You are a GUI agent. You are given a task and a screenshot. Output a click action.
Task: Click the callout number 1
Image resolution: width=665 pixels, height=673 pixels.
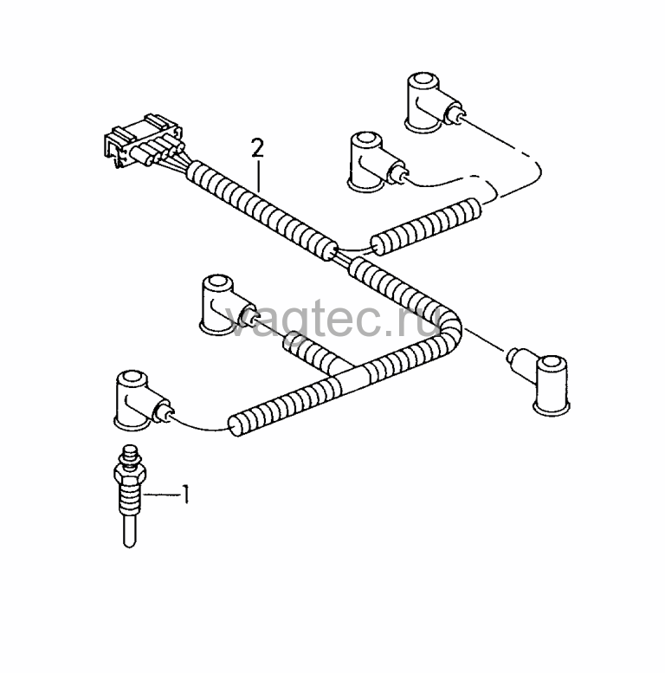(185, 494)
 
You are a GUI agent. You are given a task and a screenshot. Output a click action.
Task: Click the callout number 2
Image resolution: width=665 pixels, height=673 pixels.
(257, 148)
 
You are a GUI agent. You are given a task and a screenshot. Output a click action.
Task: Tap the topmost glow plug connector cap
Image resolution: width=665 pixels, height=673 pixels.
(433, 102)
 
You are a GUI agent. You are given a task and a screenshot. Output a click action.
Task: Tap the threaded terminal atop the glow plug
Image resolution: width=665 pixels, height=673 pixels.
(130, 454)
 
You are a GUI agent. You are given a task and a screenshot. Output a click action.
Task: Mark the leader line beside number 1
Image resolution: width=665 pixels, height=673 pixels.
(162, 495)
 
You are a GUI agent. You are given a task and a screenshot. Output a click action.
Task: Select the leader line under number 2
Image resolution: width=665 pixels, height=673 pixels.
(258, 175)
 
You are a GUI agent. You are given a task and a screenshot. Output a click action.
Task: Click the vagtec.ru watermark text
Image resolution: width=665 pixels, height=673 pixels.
(333, 319)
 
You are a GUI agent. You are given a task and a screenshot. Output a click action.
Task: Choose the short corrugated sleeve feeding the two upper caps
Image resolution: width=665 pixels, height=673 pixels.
(426, 227)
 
